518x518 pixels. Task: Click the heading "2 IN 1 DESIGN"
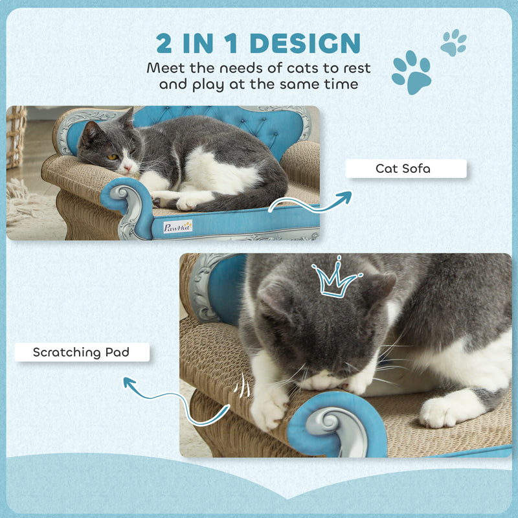pyautogui.click(x=258, y=43)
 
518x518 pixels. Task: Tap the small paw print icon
pyautogui.click(x=453, y=43)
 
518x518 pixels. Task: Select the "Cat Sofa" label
pyautogui.click(x=405, y=168)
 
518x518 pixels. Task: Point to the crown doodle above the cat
pyautogui.click(x=335, y=280)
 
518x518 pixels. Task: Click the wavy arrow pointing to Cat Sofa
pyautogui.click(x=311, y=202)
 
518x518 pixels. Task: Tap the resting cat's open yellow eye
pyautogui.click(x=112, y=157)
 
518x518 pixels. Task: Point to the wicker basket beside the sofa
pyautogui.click(x=16, y=136)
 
